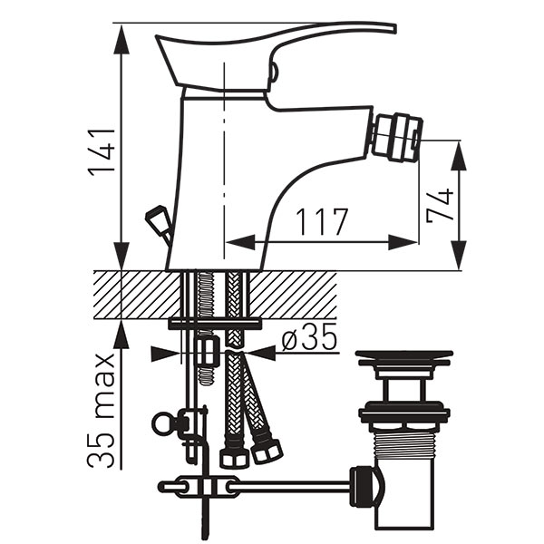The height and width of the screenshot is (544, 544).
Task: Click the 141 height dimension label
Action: tap(102, 152)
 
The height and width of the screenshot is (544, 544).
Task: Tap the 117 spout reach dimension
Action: tap(322, 222)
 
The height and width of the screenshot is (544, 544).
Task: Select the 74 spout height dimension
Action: tap(440, 205)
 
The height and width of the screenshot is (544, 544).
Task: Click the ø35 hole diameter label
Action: tap(309, 337)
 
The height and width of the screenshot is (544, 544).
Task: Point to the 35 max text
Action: tap(101, 411)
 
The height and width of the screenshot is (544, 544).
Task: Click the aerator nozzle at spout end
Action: tap(397, 138)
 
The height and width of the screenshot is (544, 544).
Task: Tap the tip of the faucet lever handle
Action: tap(394, 28)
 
